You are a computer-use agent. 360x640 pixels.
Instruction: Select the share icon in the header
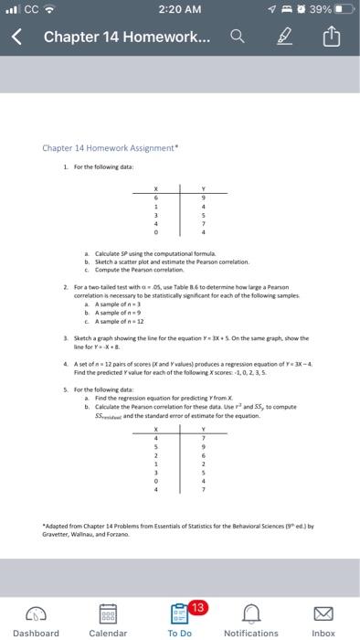(330, 38)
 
